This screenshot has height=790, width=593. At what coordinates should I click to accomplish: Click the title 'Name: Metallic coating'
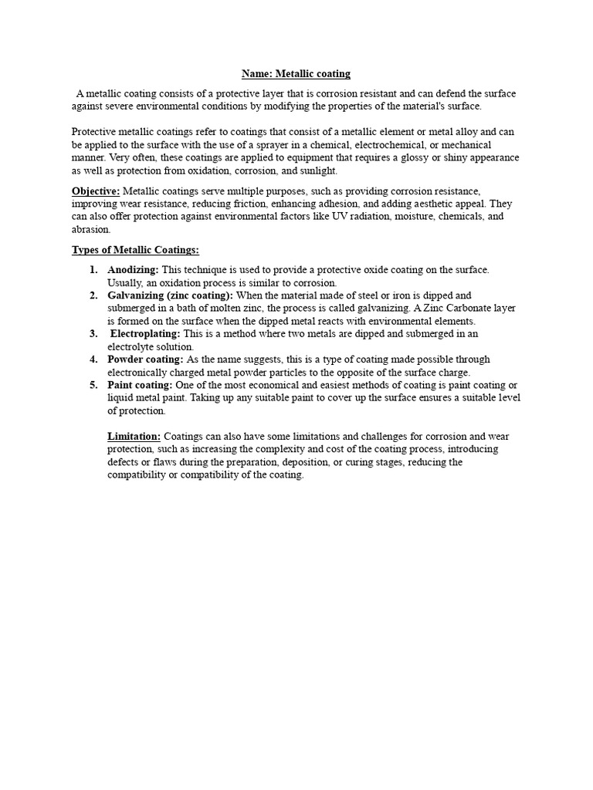coord(296,74)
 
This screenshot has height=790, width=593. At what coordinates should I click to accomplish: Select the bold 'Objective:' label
coord(96,191)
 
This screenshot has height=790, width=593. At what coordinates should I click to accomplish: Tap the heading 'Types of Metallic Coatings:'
coord(135,249)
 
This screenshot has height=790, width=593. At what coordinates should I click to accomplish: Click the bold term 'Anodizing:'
coord(133,269)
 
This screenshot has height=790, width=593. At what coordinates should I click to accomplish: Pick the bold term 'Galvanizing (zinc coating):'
coord(171,295)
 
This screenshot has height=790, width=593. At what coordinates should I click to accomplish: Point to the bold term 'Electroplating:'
coord(145,333)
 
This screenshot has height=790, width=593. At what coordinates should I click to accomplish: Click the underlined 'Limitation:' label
coord(134,437)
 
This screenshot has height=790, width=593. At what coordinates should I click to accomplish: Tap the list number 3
coord(93,333)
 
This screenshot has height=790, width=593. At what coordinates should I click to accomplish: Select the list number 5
coord(93,385)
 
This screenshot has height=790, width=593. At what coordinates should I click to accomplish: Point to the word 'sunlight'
coord(319,170)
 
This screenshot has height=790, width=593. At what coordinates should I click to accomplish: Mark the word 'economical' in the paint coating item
coord(266,385)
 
